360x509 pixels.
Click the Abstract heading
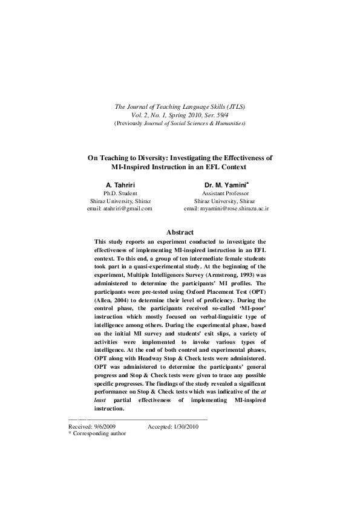(x=180, y=232)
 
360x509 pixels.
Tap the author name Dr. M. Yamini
(x=225, y=184)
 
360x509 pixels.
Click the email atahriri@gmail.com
(x=120, y=208)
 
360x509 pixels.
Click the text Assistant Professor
(x=226, y=192)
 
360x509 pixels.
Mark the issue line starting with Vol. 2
(x=180, y=115)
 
